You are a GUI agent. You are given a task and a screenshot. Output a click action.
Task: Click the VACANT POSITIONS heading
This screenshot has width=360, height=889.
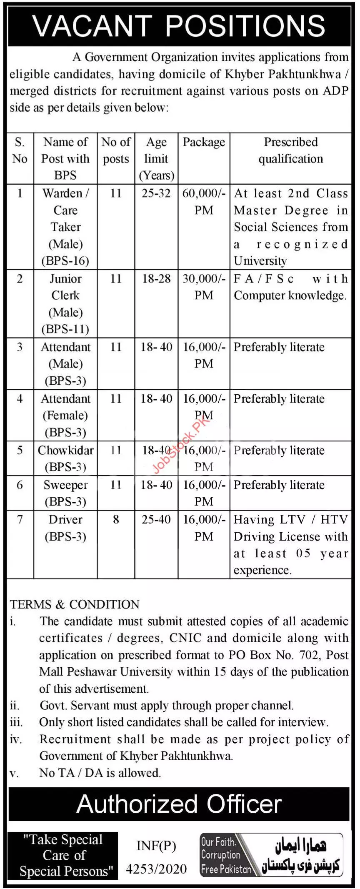179,26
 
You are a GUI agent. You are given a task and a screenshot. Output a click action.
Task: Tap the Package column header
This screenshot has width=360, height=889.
204,142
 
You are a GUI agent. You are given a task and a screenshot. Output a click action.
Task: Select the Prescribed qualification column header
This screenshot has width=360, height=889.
290,150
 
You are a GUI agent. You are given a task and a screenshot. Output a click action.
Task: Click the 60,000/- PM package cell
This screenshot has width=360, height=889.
204,201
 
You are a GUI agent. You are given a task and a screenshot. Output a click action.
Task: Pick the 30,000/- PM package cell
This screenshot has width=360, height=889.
204,287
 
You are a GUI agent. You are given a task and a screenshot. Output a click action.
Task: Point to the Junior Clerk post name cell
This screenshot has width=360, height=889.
65,303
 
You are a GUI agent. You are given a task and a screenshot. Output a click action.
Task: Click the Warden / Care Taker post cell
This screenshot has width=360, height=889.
65,227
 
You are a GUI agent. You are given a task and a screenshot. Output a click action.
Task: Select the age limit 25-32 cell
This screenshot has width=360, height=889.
156,193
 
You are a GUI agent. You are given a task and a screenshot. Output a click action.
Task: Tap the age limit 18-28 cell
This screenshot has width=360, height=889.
156,278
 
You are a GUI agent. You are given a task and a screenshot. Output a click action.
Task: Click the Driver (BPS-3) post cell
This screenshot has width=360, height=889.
65,528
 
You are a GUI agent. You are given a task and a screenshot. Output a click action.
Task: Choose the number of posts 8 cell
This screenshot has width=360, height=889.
116,519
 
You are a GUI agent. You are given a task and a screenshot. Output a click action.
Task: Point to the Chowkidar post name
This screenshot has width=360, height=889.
65,451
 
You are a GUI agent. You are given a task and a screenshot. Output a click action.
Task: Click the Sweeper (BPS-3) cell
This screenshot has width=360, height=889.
65,493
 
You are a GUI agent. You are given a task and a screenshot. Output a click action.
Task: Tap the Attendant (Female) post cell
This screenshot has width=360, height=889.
65,415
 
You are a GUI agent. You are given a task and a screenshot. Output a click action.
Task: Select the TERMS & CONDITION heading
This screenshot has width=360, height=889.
75,604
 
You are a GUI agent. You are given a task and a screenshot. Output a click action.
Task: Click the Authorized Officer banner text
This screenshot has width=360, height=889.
179,804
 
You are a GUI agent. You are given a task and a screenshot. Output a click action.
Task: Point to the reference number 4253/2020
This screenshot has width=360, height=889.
156,869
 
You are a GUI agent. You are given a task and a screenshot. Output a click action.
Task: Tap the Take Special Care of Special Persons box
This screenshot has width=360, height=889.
63,855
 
